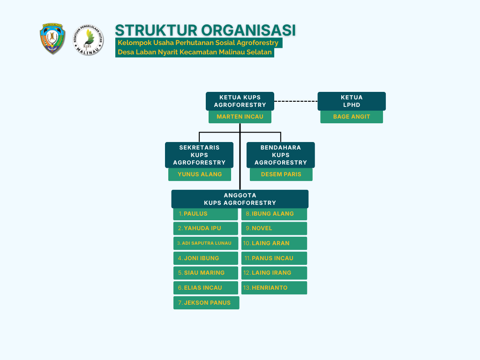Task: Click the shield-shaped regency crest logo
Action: pyautogui.click(x=52, y=38)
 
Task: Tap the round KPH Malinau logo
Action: pyautogui.click(x=88, y=40)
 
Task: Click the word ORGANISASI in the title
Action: pyautogui.click(x=248, y=30)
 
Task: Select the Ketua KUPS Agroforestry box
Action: pyautogui.click(x=240, y=101)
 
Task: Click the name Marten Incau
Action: pyautogui.click(x=240, y=117)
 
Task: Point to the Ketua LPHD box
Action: pyautogui.click(x=352, y=101)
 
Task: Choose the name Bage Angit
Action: pyautogui.click(x=352, y=117)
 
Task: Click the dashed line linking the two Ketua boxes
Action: pyautogui.click(x=296, y=101)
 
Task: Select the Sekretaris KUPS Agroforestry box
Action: pyautogui.click(x=199, y=155)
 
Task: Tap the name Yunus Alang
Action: pyautogui.click(x=200, y=174)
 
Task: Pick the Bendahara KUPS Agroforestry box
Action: pyautogui.click(x=281, y=155)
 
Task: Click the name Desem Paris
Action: pyautogui.click(x=281, y=174)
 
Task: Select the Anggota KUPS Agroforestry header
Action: pyautogui.click(x=240, y=199)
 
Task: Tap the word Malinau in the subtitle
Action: pyautogui.click(x=232, y=52)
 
